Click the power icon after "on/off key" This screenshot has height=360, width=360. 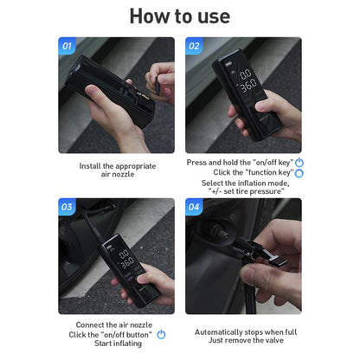(x=299, y=162)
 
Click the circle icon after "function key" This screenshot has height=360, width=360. (x=299, y=173)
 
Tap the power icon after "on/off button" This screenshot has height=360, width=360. (x=161, y=334)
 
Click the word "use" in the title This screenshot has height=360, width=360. (x=210, y=16)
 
